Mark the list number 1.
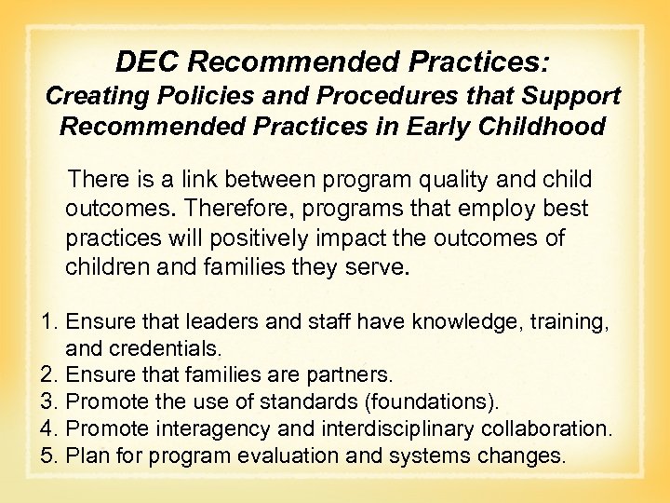pyautogui.click(x=50, y=322)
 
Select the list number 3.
pyautogui.click(x=50, y=402)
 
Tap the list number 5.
pyautogui.click(x=50, y=456)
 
